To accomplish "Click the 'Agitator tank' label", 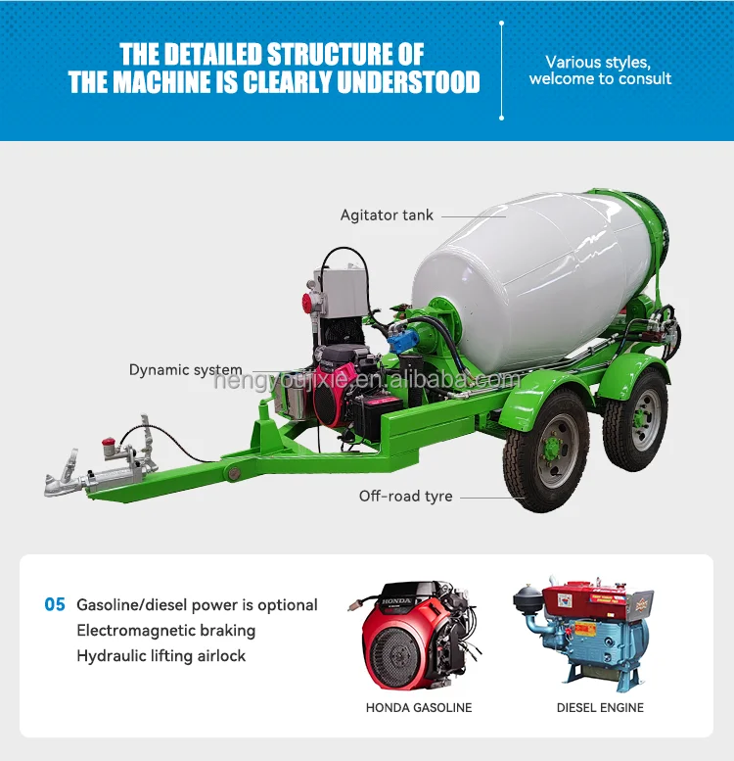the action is [x=387, y=214].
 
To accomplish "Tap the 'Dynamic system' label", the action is [x=186, y=370].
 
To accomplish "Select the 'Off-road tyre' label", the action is [x=405, y=496].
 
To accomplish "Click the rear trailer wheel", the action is [x=635, y=420].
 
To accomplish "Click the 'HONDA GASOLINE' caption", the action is [x=419, y=707].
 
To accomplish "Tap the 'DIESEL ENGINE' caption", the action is [x=600, y=707].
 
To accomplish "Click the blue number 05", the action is [x=55, y=605].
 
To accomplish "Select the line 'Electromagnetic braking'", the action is [x=165, y=631].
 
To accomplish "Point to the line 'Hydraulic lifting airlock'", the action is [x=161, y=656].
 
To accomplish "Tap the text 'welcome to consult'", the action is [x=600, y=78].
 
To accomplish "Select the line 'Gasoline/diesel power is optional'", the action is [x=197, y=605].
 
